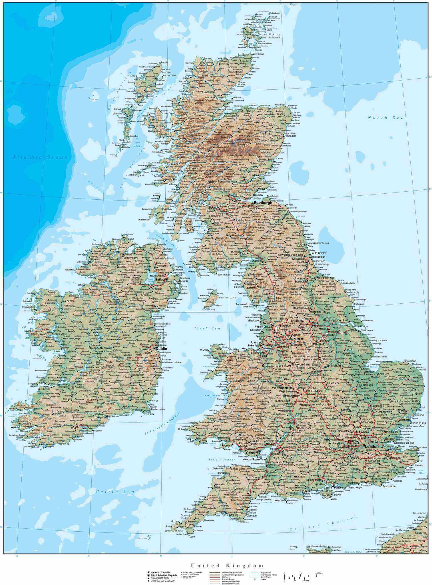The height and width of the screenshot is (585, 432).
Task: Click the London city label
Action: coord(371,446)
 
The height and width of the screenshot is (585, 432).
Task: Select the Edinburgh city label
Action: coord(263,203)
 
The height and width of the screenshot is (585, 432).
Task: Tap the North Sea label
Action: coord(386,118)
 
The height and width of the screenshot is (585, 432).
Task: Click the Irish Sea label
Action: coord(208,328)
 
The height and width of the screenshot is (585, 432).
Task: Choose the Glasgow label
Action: coord(214,207)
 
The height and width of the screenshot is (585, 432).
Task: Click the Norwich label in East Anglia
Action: coord(413,381)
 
